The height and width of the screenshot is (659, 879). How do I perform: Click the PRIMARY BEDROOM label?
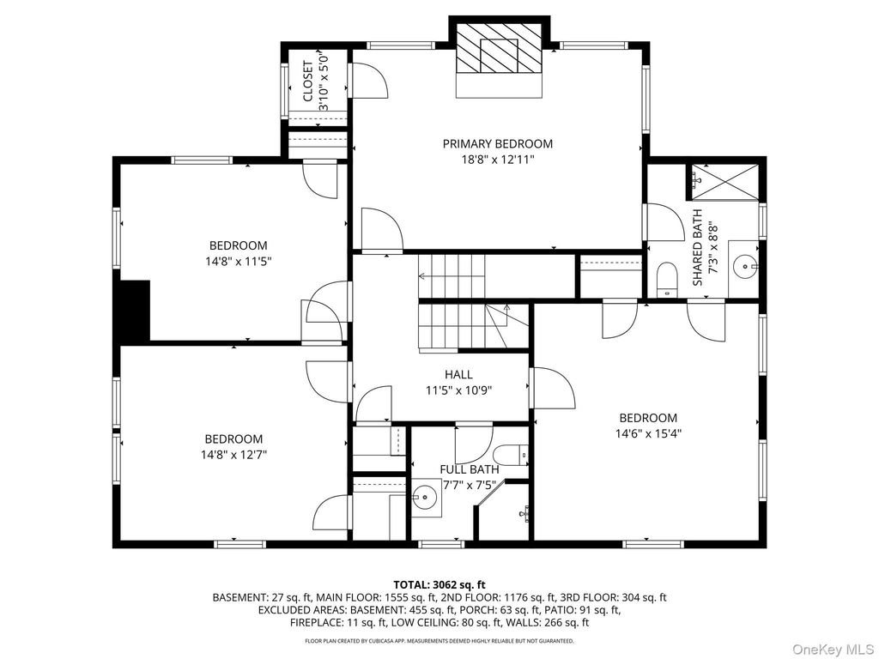pyautogui.click(x=497, y=144)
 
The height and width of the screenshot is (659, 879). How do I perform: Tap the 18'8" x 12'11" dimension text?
pyautogui.click(x=497, y=160)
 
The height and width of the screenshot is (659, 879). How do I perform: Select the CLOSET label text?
pyautogui.click(x=308, y=82)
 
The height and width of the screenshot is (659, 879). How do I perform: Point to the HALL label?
pyautogui.click(x=458, y=374)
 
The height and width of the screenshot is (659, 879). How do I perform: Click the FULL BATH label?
pyautogui.click(x=470, y=469)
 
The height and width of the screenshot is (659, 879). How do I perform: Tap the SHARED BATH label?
pyautogui.click(x=697, y=247)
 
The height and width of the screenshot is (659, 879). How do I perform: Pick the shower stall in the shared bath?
pyautogui.click(x=724, y=181)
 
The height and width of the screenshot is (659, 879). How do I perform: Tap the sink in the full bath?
pyautogui.click(x=426, y=497)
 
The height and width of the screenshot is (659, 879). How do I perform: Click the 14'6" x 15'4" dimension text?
pyautogui.click(x=648, y=433)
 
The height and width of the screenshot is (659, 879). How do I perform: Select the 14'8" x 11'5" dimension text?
pyautogui.click(x=239, y=261)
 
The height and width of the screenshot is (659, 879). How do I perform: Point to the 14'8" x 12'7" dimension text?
pyautogui.click(x=233, y=455)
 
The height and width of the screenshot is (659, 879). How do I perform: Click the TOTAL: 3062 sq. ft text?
pyautogui.click(x=439, y=585)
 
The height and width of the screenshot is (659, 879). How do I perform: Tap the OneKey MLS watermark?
pyautogui.click(x=833, y=649)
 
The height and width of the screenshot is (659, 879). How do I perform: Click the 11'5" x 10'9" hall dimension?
pyautogui.click(x=458, y=390)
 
